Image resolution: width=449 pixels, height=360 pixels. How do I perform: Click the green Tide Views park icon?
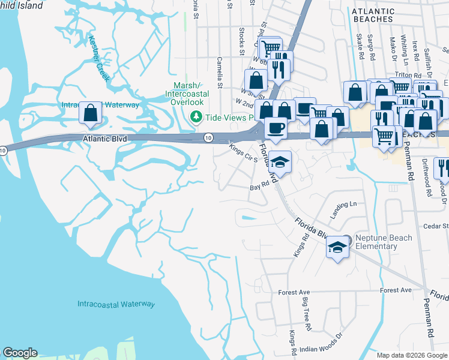196,117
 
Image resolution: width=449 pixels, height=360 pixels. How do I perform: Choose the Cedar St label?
436,226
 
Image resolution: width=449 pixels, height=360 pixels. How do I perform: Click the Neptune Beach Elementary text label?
384,242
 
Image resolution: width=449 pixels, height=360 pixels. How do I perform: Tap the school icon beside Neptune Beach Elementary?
338,247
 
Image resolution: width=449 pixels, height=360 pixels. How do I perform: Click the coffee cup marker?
276,128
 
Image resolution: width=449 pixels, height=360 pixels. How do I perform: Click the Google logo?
20,353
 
